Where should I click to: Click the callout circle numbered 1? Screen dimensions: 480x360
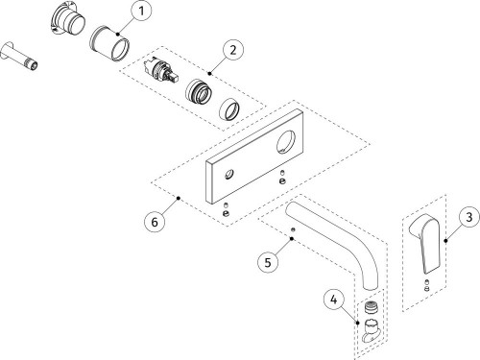click(x=141, y=12)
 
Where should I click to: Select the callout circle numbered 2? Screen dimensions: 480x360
click(x=233, y=50)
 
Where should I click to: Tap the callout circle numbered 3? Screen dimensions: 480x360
click(x=469, y=217)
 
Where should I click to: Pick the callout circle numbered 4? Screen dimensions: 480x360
click(x=334, y=300)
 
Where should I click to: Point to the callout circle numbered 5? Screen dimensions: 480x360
click(x=268, y=262)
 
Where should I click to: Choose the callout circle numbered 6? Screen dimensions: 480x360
click(x=155, y=222)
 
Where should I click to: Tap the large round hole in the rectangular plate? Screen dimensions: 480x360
click(x=285, y=141)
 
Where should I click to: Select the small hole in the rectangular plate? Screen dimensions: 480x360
click(x=229, y=175)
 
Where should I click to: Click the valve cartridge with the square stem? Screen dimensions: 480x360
click(x=160, y=72)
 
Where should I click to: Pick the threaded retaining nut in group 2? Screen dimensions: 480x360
click(x=199, y=92)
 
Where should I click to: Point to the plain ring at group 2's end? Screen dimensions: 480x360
click(x=229, y=109)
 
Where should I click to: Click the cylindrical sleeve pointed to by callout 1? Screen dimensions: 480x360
click(x=109, y=43)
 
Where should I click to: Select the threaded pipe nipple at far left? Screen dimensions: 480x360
click(x=19, y=57)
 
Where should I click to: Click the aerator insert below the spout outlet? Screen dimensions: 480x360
click(x=372, y=307)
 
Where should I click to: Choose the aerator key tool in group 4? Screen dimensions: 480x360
click(x=372, y=330)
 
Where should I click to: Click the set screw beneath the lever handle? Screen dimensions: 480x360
click(x=426, y=285)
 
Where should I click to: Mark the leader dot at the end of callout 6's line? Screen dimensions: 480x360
click(x=179, y=198)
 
